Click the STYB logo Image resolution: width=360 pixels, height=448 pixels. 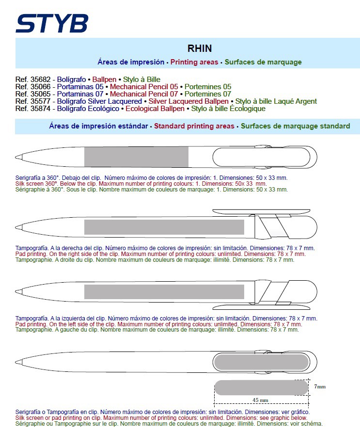[x=52, y=23]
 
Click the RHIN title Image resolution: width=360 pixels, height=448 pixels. [x=200, y=48]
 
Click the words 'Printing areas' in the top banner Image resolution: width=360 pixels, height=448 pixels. [x=194, y=62]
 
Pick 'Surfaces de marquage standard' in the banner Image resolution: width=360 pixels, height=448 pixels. [x=295, y=126]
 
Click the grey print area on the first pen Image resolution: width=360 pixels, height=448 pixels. [x=136, y=156]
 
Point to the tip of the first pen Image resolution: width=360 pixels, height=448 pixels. [x=17, y=157]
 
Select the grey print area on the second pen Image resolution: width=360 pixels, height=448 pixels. [x=164, y=227]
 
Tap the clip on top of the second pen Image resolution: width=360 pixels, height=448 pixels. [x=261, y=211]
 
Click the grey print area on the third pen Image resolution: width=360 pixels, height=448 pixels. [x=164, y=292]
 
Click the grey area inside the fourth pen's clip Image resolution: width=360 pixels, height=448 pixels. [x=262, y=362]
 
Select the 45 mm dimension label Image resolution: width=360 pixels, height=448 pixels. [x=260, y=400]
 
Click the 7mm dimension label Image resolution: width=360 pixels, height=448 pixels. [x=319, y=386]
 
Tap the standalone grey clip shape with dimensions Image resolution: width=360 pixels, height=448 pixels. [x=262, y=387]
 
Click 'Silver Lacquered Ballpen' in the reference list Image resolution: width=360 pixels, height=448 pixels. [x=188, y=101]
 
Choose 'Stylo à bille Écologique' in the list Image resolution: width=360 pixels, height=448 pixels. [x=228, y=109]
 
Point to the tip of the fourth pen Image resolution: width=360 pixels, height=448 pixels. [x=17, y=362]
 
